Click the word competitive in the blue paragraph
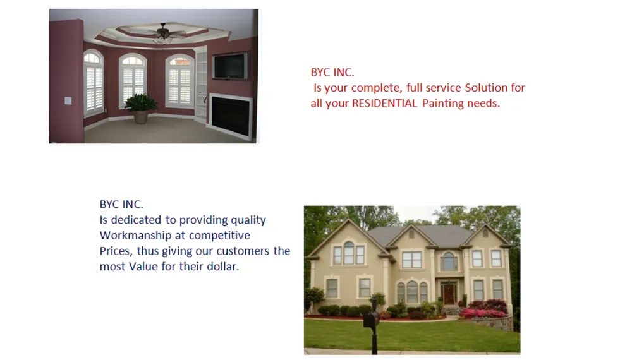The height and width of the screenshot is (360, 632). point(220,236)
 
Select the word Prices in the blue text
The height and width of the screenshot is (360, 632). point(114,251)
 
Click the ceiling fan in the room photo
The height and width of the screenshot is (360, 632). point(163,30)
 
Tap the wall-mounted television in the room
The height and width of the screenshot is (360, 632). point(230,66)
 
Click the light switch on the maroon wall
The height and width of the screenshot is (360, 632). point(68,100)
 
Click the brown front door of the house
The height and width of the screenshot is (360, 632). point(449,294)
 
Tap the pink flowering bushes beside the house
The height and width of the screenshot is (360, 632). point(483,312)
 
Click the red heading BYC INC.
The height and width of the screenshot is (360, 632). point(332,73)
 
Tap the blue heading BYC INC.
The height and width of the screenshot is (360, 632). point(121,205)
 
